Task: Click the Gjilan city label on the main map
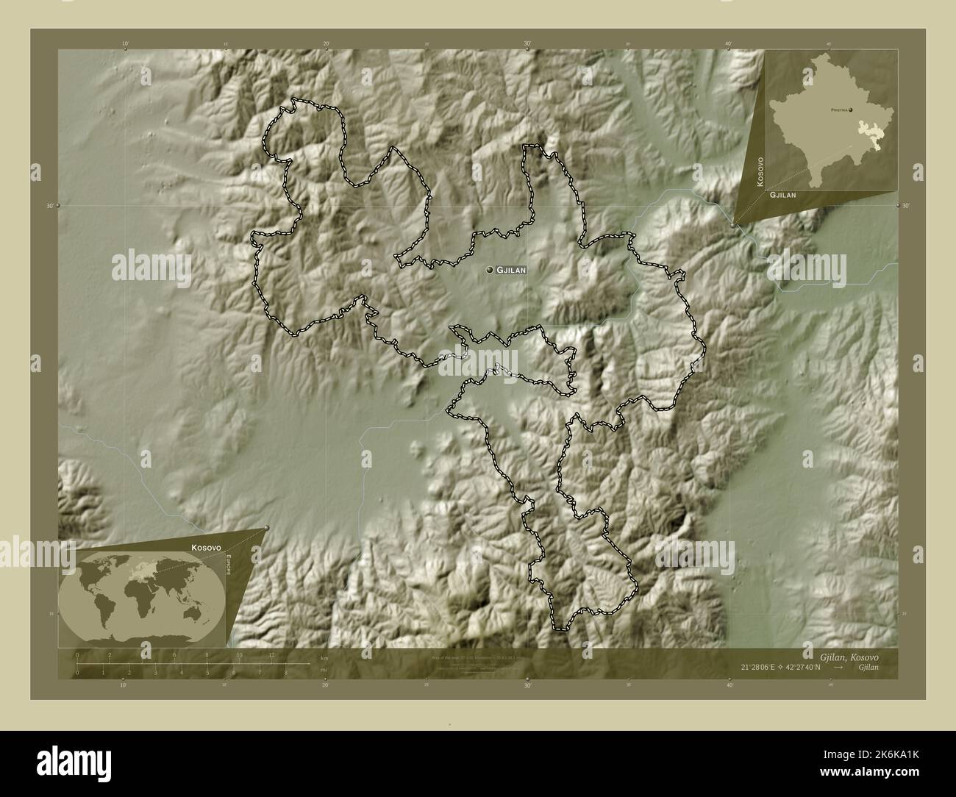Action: pos(513,271)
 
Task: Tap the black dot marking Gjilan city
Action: pos(490,271)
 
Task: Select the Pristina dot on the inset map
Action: pos(851,110)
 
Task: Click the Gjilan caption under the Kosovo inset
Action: pos(784,196)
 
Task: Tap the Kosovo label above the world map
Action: pos(207,548)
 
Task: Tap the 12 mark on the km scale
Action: pos(271,654)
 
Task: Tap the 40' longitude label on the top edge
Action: pos(729,45)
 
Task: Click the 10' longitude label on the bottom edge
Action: pos(124,685)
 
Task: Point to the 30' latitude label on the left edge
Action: pos(50,207)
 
